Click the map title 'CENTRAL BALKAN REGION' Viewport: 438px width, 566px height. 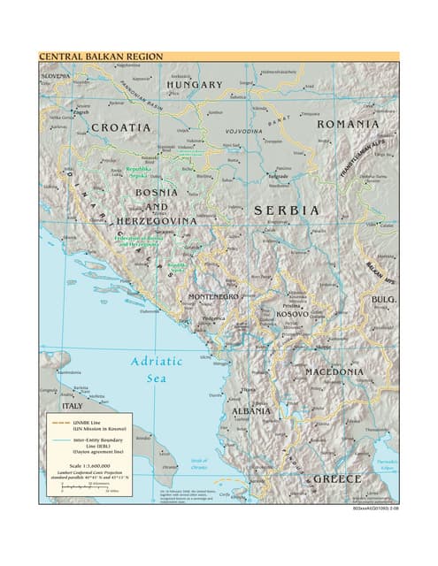100,57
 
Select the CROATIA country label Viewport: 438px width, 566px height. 121,127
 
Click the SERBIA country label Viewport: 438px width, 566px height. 286,210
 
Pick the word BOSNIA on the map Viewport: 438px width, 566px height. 155,192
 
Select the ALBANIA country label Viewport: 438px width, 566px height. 251,411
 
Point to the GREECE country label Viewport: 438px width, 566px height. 338,478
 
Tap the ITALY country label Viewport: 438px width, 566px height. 72,406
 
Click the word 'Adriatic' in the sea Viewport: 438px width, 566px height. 157,361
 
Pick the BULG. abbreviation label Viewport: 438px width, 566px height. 384,300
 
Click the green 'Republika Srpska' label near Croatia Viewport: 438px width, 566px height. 137,172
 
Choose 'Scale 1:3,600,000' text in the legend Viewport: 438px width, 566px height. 90,465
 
